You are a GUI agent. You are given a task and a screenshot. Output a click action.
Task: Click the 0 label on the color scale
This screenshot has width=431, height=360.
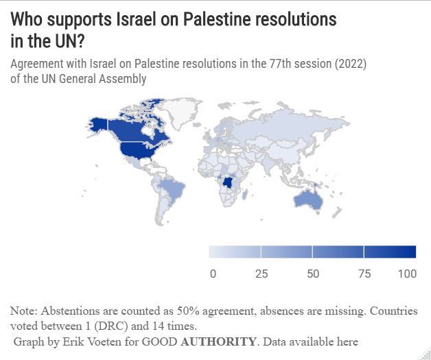click(213, 274)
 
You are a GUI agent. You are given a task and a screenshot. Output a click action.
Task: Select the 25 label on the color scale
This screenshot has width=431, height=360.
click(261, 274)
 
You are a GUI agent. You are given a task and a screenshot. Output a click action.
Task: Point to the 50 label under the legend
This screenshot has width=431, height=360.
click(313, 274)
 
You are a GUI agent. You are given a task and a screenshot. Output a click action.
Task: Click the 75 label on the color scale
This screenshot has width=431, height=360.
click(364, 274)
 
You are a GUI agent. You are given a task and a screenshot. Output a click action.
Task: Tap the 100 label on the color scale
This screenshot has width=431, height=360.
click(407, 274)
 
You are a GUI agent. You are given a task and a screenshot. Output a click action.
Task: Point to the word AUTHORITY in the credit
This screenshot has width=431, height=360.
click(219, 341)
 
